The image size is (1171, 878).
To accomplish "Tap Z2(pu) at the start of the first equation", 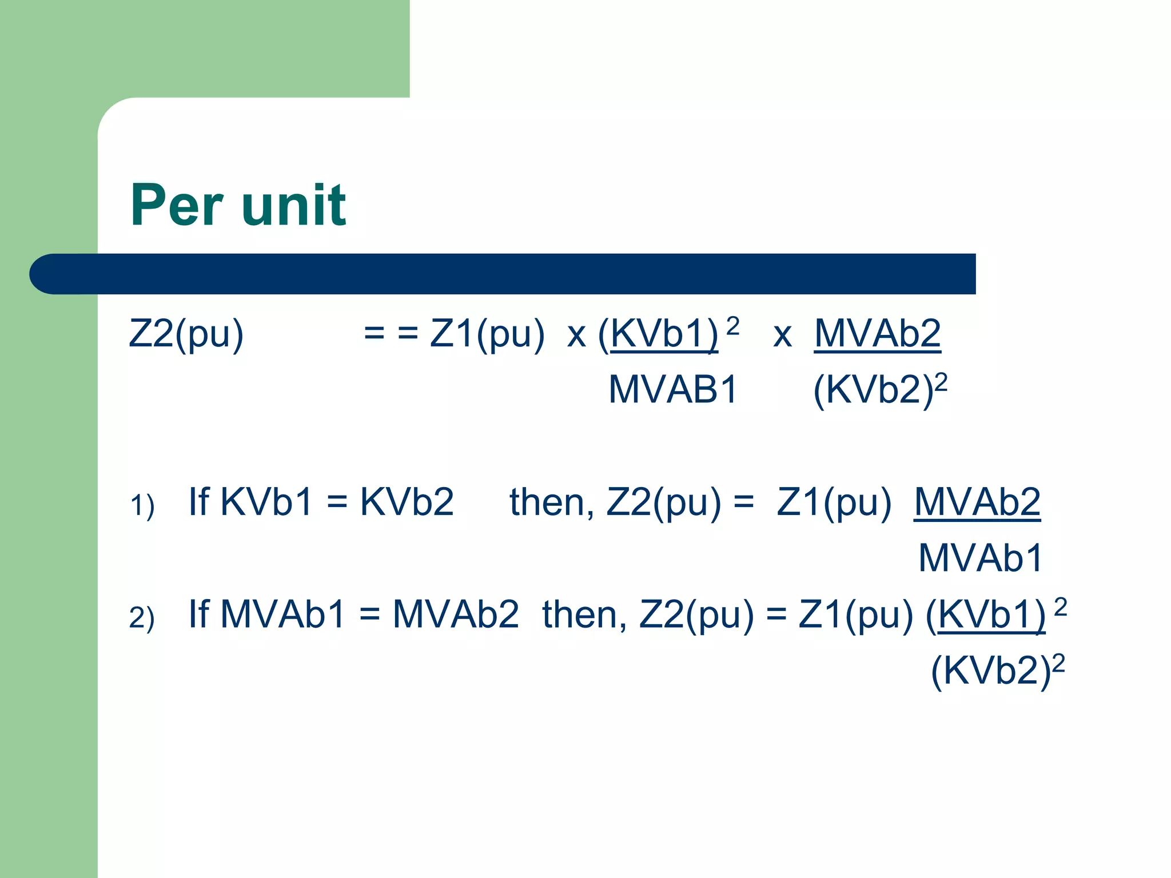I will coord(186,334).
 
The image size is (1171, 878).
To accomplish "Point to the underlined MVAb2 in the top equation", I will coord(877,334).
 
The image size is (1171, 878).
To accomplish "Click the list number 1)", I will coord(142,506).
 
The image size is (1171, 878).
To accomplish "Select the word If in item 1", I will coord(199,502).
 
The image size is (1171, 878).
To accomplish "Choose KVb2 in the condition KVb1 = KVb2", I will coord(407,502).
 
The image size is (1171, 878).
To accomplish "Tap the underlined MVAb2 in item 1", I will coord(977,502).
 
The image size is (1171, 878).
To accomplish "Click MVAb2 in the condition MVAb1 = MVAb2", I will coord(456,615).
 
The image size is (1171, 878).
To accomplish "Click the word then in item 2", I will coord(584,615).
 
